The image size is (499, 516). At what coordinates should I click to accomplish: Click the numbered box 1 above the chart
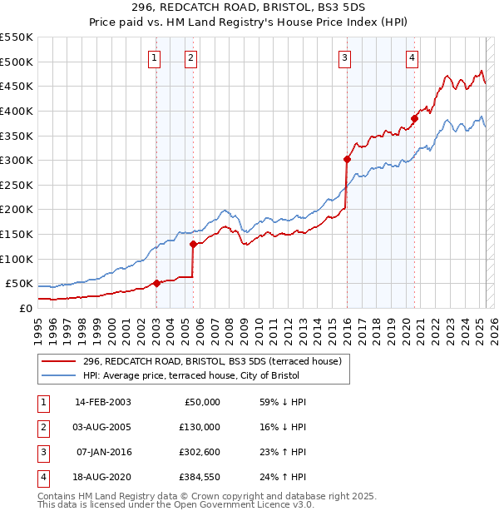click(156, 57)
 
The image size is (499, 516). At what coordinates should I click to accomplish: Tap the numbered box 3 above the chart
click(344, 57)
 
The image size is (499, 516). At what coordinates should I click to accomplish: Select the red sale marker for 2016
click(347, 159)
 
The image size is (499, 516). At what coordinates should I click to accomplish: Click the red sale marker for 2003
click(156, 283)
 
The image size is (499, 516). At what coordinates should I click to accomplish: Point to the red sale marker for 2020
click(414, 118)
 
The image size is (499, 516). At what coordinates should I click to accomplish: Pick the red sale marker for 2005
click(193, 244)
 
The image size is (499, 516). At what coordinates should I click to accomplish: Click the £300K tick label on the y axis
click(16, 160)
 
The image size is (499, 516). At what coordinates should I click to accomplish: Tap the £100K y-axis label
click(16, 259)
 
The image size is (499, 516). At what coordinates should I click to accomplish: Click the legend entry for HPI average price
click(196, 375)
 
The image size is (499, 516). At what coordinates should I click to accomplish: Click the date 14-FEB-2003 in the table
click(102, 402)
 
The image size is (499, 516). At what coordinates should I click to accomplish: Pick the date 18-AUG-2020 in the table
click(102, 477)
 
